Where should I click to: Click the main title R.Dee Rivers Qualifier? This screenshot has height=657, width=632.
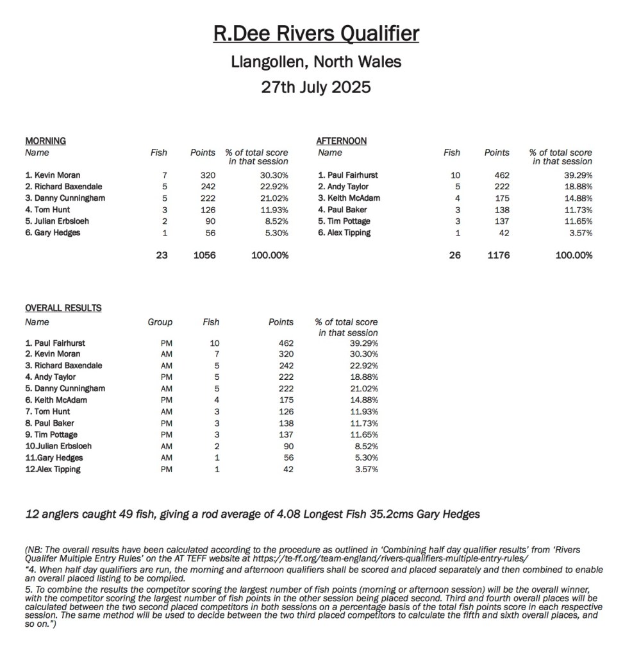tap(316, 33)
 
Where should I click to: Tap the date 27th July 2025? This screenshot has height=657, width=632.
tap(316, 87)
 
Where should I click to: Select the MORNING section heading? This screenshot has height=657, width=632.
tap(46, 141)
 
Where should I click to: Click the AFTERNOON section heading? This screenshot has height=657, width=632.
tap(342, 141)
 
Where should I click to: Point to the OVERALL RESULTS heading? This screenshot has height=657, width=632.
tap(63, 308)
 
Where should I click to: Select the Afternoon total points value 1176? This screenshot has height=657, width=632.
tap(497, 255)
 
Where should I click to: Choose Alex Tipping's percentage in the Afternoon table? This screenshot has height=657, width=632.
tap(578, 232)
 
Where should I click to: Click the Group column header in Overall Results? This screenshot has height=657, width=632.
tap(160, 322)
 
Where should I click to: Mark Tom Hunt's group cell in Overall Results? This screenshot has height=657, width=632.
tap(167, 412)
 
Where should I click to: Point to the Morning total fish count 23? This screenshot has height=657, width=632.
tap(162, 255)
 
